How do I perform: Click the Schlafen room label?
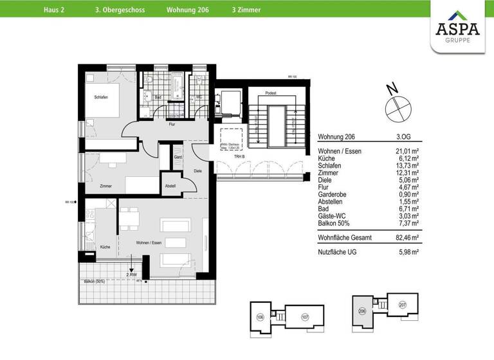[x=100, y=96]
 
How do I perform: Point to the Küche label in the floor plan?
[x=105, y=246]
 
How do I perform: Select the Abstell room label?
[x=170, y=186]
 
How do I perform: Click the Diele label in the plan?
[x=198, y=170]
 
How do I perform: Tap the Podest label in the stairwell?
[x=271, y=93]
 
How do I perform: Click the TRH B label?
[x=238, y=157]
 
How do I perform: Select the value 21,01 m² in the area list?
[x=406, y=151]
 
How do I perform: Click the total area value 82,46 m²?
[x=406, y=237]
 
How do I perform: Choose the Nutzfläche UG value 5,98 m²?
[x=407, y=252]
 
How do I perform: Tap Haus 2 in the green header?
[x=55, y=10]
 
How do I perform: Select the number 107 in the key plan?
[x=305, y=316]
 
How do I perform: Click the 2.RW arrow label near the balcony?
[x=133, y=274]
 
